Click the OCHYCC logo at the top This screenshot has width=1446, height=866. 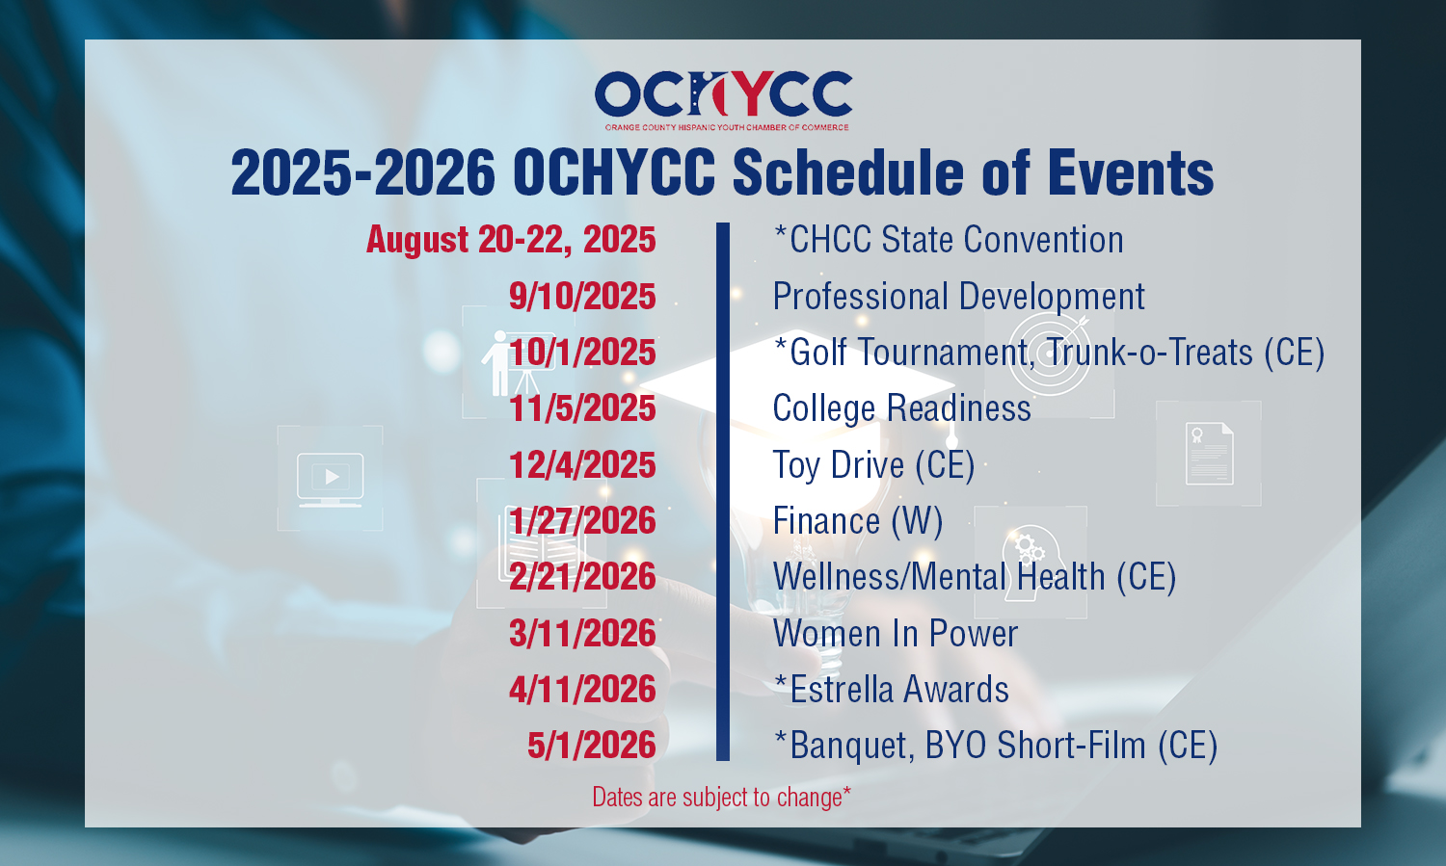pos(724,100)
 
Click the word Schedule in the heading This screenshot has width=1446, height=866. pos(848,172)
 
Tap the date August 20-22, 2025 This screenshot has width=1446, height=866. pos(511,240)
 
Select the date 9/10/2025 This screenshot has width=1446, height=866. pos(582,296)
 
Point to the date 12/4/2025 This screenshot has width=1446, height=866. pos(582,465)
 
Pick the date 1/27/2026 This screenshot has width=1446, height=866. pos(582,521)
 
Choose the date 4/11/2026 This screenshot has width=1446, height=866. pos(582,690)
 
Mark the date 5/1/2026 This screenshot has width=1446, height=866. pos(591,746)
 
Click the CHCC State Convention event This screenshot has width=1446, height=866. pos(949,240)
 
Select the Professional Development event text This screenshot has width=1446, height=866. pos(958,297)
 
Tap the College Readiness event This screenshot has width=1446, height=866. pos(901,408)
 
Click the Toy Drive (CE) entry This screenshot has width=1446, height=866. pos(873,465)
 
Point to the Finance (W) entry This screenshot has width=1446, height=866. pos(858,521)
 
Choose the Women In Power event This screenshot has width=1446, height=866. pos(896,633)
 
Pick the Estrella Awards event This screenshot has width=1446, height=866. pos(891,690)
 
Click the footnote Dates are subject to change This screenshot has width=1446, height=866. pos(722,798)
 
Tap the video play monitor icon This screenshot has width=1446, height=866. pos(330,480)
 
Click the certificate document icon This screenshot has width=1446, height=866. pos(1209,454)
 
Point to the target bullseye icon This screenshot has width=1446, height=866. pos(1049,354)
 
